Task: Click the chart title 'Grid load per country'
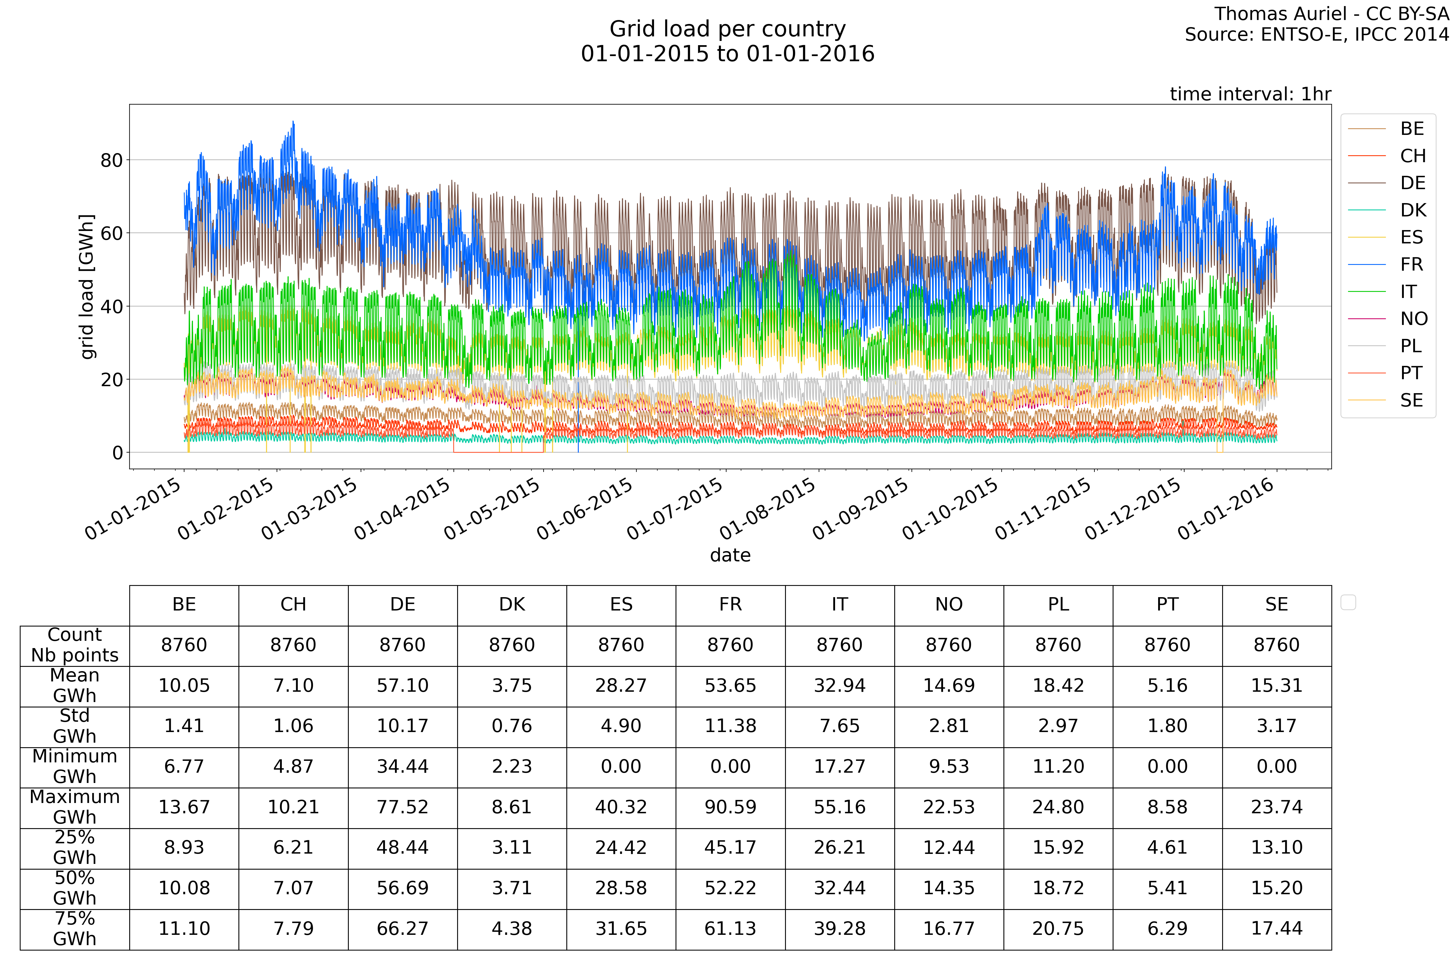[727, 29]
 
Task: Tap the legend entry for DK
[1413, 210]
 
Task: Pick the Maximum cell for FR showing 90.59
[730, 807]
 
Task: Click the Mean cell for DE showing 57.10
[403, 685]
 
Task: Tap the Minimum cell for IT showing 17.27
[839, 767]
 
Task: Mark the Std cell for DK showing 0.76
[512, 726]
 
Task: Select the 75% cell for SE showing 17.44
[1276, 928]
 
